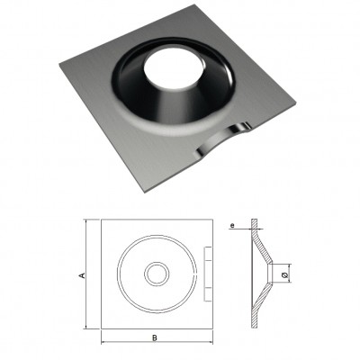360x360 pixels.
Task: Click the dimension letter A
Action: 82,275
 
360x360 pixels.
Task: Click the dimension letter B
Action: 155,338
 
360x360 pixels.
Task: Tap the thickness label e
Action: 233,225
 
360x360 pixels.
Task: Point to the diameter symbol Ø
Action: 285,274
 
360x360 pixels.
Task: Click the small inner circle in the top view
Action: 157,274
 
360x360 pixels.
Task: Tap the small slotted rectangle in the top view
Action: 208,274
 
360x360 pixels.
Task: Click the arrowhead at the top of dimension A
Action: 86,222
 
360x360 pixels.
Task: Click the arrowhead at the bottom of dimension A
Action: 86,326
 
